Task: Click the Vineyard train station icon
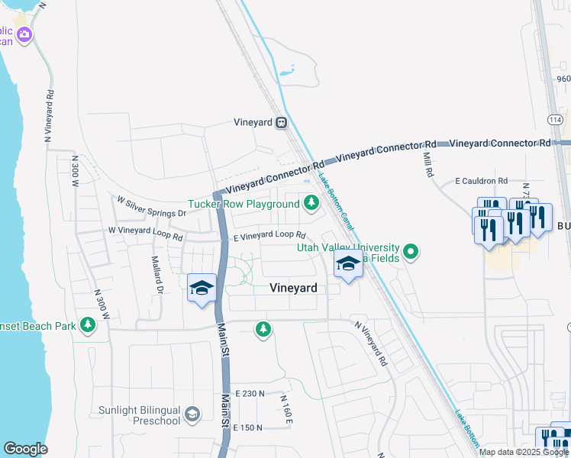[282, 122]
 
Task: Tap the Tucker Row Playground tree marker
[311, 203]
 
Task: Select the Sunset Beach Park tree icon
[89, 326]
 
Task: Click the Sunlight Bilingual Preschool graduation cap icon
[192, 414]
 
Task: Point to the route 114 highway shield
[554, 120]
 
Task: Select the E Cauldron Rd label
[481, 181]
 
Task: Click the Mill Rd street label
[428, 164]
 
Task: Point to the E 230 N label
[250, 393]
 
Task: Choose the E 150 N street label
[249, 427]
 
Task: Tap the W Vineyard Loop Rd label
[145, 234]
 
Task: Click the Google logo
[25, 449]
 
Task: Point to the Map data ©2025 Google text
[523, 452]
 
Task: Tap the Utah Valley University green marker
[411, 250]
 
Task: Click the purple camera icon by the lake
[24, 34]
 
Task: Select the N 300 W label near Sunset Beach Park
[102, 304]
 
